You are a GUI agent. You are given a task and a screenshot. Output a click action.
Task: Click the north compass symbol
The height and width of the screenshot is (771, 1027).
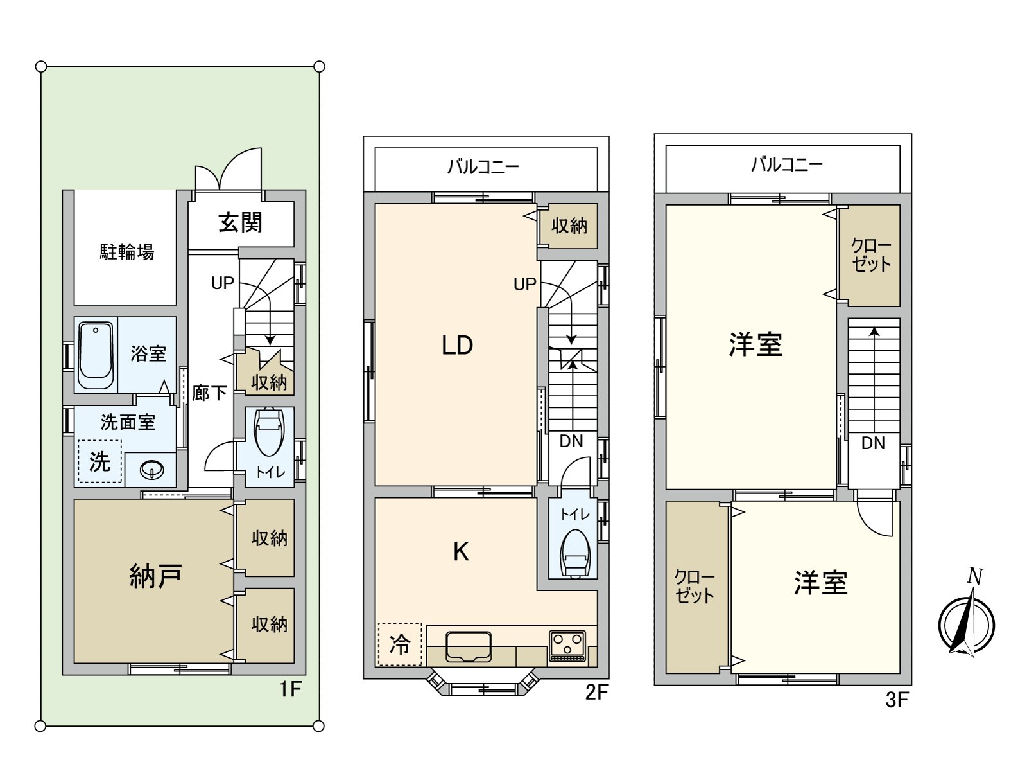pos(967,624)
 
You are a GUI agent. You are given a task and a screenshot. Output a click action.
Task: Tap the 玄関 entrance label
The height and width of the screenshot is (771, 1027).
pos(240,223)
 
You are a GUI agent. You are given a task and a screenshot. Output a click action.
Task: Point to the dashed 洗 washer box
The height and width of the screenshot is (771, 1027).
pos(99,461)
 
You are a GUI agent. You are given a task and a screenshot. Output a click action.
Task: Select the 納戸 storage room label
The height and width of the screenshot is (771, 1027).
pos(155,576)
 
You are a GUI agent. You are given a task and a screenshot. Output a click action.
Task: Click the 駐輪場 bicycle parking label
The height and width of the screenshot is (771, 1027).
pos(126,252)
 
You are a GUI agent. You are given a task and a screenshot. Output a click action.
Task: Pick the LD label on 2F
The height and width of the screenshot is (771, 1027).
pos(457,346)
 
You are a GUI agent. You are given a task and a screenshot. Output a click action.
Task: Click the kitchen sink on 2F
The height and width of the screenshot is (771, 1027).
pos(469,645)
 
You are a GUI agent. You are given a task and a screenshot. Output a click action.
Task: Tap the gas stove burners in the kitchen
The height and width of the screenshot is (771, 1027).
pos(567,644)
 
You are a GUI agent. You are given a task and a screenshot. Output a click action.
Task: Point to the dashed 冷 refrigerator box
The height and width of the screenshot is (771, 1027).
pos(400,644)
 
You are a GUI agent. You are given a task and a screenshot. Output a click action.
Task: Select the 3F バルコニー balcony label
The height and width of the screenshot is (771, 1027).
pos(786,165)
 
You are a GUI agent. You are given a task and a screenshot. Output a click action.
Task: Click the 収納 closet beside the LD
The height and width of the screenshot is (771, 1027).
pos(569,226)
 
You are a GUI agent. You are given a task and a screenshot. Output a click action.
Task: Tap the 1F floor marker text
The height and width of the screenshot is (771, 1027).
pos(290,689)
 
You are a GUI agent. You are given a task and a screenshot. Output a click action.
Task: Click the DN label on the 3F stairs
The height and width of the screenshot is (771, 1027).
pos(873,443)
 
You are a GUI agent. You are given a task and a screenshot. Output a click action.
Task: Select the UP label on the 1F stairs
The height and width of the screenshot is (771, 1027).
pos(223,283)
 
